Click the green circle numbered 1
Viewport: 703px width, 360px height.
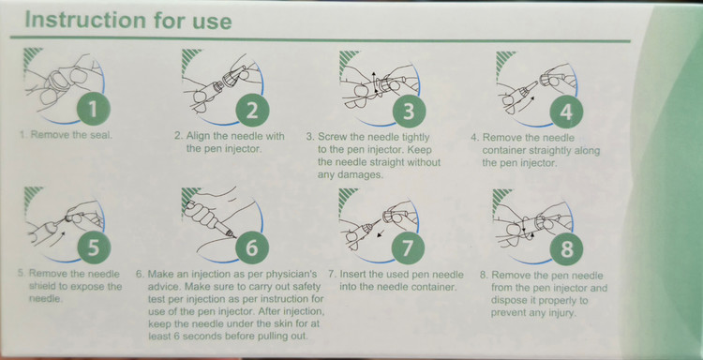(93, 109)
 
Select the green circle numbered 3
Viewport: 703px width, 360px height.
(409, 112)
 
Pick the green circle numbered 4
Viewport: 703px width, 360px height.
(566, 112)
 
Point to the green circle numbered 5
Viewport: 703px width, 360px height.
(93, 247)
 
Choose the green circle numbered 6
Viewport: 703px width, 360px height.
(252, 247)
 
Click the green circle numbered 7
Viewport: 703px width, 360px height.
(408, 247)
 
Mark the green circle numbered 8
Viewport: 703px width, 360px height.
(567, 248)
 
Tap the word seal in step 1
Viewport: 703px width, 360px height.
(100, 134)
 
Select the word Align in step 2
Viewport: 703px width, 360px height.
(199, 136)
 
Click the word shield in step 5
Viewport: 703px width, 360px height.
(41, 286)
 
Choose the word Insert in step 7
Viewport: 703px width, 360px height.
(353, 275)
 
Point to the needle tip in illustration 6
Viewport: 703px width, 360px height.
(236, 237)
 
